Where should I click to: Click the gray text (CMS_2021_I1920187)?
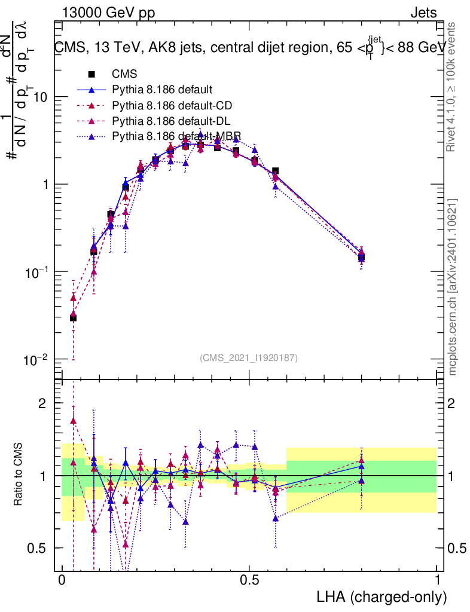[249, 357]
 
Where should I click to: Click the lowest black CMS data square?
[73, 318]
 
